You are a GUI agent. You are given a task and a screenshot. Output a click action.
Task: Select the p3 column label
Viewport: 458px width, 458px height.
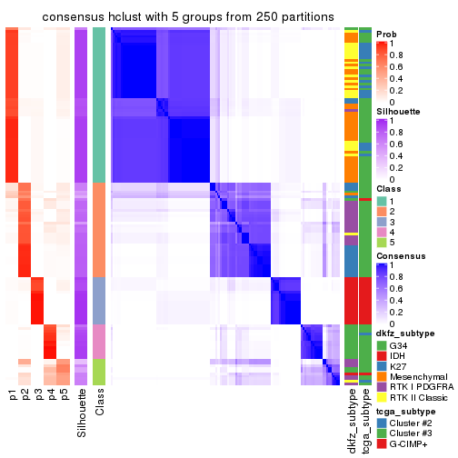click(x=39, y=395)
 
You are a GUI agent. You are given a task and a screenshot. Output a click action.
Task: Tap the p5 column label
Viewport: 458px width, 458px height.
click(x=65, y=395)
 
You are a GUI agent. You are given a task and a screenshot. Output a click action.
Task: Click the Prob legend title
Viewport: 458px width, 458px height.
click(x=386, y=35)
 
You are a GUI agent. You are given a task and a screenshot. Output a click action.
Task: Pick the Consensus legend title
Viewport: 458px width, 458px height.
click(x=399, y=256)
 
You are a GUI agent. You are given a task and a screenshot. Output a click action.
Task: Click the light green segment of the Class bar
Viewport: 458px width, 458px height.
click(x=100, y=373)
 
